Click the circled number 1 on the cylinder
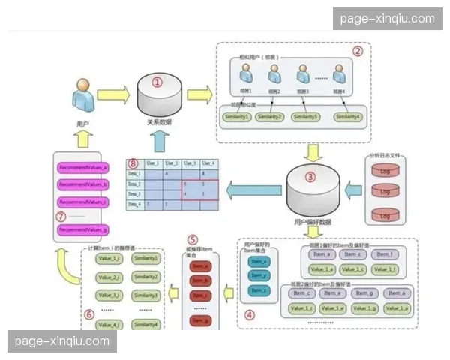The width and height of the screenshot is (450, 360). pos(157,82)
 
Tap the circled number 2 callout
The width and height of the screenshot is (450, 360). pos(358,52)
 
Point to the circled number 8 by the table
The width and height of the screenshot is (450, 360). pos(133,163)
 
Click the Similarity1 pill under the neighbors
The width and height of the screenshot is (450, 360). pos(238,117)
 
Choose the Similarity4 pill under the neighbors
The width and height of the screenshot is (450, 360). pos(348,117)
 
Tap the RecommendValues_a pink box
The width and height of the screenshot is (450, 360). pos(83,168)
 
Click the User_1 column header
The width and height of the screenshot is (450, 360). pos(152,163)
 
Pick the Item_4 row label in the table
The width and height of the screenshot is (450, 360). pos(134,204)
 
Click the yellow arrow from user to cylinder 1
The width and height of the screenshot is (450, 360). pos(113,95)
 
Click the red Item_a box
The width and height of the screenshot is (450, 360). pos(201,265)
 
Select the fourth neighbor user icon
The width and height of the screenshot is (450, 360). pos(340,73)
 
